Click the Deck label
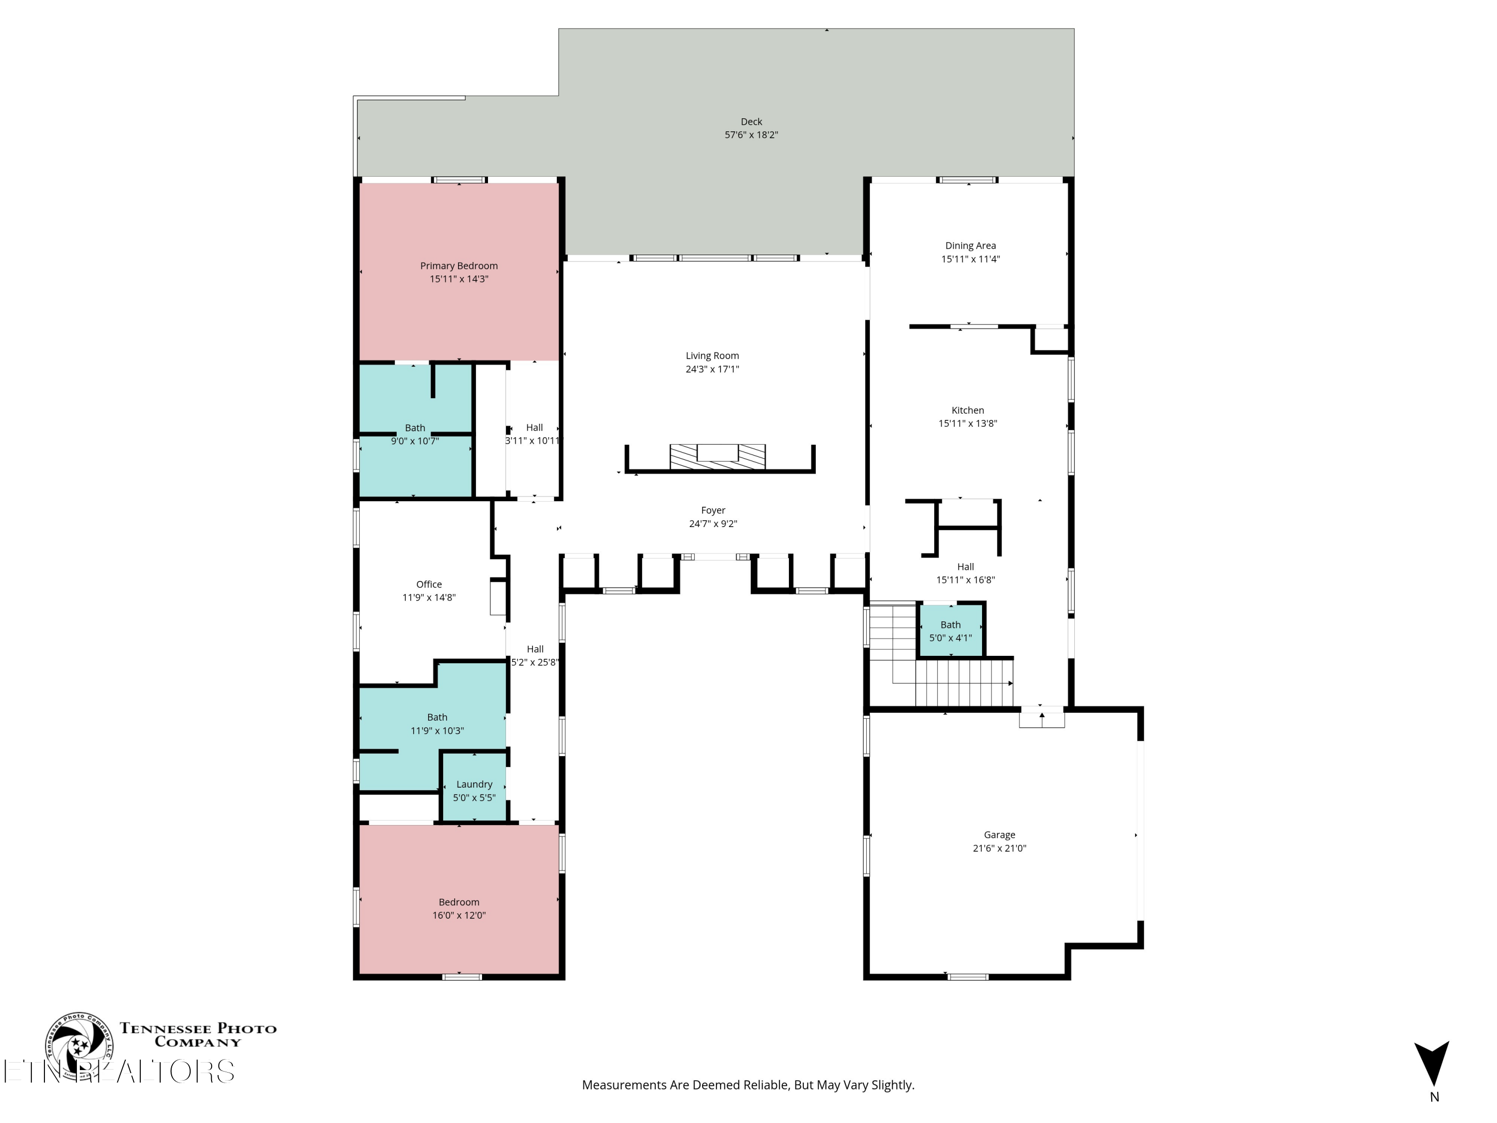pos(751,122)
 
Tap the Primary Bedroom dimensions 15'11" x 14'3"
pos(459,279)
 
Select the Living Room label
pos(712,355)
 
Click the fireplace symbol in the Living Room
pos(718,456)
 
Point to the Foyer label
pos(713,511)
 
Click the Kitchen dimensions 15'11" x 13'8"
pos(967,424)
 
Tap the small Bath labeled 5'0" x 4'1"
pos(950,631)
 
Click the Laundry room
pos(474,790)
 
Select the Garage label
pos(999,835)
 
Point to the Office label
pos(429,584)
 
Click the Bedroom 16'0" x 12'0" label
pos(459,902)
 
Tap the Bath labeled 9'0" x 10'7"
pos(415,434)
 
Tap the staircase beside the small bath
pos(961,682)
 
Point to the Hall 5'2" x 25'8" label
pos(534,655)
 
